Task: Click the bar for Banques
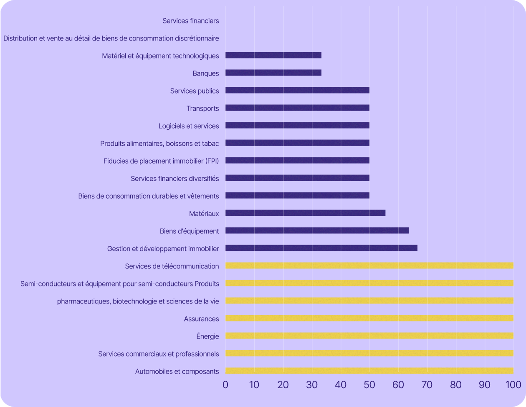273,73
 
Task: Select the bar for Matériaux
305,213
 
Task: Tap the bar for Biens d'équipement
317,230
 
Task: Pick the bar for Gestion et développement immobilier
321,248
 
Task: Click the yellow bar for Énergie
369,336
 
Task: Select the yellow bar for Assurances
369,318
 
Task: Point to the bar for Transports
297,108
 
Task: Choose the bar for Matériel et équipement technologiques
273,55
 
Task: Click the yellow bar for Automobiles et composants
369,371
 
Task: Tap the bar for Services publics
297,90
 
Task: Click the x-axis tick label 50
369,384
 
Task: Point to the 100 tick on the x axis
513,384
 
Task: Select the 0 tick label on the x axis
225,384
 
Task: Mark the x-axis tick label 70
427,384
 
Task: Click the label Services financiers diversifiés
174,178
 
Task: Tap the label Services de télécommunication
172,266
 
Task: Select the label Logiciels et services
188,126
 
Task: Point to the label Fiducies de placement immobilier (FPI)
161,161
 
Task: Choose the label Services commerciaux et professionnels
158,354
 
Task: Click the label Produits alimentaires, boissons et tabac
159,143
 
